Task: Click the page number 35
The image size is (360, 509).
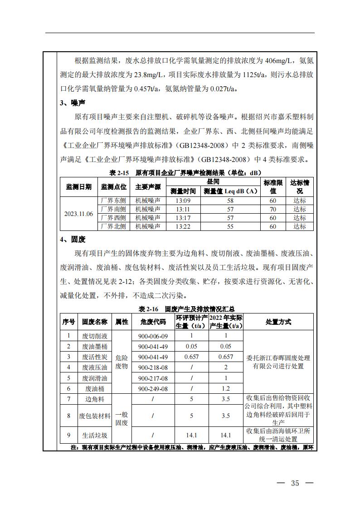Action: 295,483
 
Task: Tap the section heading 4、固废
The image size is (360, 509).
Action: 73,239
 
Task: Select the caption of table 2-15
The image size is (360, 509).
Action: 185,173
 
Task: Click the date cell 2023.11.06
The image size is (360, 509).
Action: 78,214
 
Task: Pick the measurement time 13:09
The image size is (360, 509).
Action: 183,201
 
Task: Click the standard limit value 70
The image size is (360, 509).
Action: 273,209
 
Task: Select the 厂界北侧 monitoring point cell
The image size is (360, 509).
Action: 113,226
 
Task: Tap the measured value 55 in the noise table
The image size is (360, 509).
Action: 230,226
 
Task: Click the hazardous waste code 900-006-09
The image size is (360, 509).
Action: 153,336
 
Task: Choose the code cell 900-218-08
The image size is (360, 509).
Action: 153,367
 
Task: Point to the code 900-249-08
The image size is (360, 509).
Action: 153,389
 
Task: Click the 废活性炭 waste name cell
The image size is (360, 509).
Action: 95,357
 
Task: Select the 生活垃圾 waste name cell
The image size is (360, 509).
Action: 95,435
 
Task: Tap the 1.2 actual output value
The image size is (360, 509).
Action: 226,389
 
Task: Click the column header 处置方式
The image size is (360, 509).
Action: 278,322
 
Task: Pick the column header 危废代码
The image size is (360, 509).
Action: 153,322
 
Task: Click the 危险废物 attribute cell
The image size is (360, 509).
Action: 122,362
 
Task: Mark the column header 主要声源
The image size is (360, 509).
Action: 148,187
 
